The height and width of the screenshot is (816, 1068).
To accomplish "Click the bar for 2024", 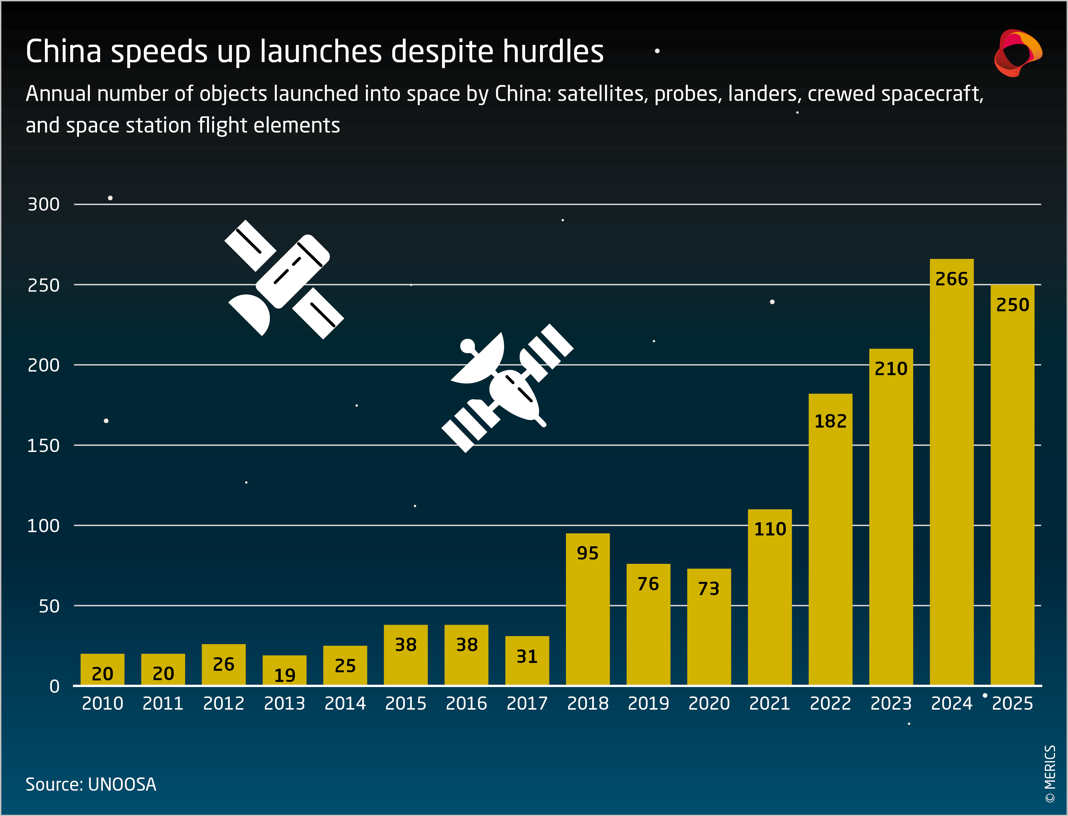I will (951, 476).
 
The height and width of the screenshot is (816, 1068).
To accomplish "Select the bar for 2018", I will (587, 612).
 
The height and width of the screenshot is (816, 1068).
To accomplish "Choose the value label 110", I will (770, 529).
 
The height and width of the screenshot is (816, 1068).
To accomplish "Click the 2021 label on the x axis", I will (770, 703).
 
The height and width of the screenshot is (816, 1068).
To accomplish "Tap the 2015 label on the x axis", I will (406, 703).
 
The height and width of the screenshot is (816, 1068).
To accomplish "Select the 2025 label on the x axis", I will (1012, 703).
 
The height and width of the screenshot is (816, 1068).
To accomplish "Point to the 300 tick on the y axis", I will (44, 205).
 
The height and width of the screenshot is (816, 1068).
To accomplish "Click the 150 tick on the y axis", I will (44, 445).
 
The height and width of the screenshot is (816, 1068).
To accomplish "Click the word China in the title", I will (63, 52).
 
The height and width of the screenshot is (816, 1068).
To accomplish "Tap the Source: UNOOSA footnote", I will (91, 784).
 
